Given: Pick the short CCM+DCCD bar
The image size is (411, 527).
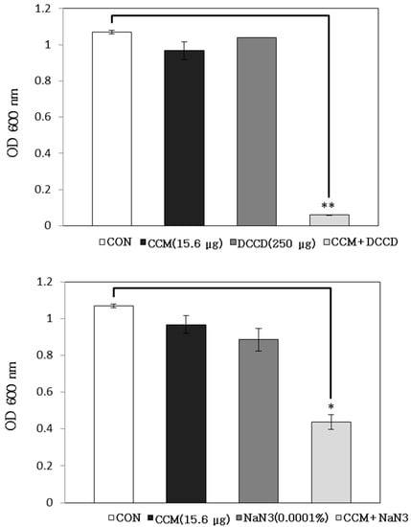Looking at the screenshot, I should coord(329,220).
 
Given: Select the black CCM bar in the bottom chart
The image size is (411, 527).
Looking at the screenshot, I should coord(186,413).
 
